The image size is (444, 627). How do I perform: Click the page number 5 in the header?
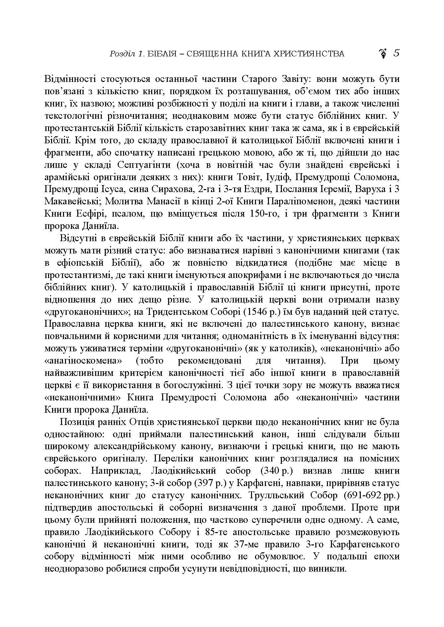tap(396, 53)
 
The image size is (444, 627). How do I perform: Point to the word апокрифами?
tap(262, 275)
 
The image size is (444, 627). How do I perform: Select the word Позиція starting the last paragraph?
tap(77, 422)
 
